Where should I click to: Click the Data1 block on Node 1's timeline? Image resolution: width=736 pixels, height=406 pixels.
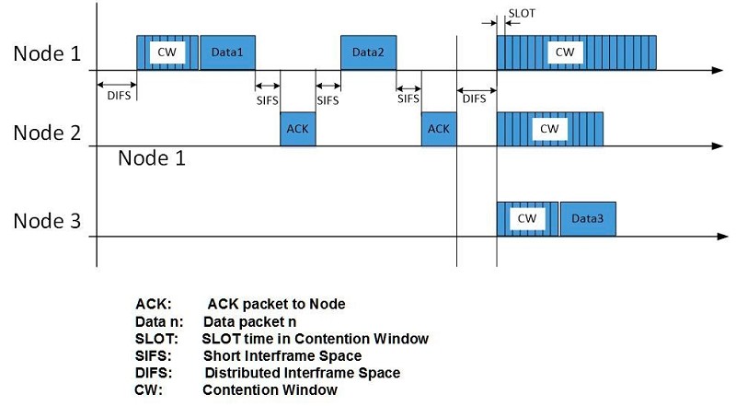point(227,52)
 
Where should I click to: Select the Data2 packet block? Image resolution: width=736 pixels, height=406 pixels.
point(369,52)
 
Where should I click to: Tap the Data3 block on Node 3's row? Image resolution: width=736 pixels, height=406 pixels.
point(588,219)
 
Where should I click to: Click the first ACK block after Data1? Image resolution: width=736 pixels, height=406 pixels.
point(298,129)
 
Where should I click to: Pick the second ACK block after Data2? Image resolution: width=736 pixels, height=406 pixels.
point(439,129)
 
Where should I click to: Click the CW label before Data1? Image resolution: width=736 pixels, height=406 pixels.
point(167,52)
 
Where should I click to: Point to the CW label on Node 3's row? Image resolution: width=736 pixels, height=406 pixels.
point(527,218)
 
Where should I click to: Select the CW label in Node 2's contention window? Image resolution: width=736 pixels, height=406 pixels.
point(549,129)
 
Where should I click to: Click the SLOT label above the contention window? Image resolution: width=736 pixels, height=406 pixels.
point(522,14)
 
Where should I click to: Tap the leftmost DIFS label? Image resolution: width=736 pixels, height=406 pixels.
point(119,96)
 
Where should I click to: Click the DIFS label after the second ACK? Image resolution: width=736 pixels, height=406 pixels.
point(474,99)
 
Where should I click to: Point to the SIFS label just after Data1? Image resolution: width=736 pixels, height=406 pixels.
point(267,100)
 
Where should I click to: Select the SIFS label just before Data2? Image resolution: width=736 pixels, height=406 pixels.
point(328,100)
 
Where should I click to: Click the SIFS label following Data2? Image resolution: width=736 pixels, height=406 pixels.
point(408,99)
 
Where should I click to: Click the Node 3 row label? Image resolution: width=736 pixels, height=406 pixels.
point(47,221)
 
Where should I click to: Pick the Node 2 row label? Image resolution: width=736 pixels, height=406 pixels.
point(47,133)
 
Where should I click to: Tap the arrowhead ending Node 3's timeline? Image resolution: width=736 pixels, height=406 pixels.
point(723,237)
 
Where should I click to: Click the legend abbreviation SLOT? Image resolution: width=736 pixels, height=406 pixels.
point(156,339)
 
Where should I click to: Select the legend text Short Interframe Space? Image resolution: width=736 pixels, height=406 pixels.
point(282,355)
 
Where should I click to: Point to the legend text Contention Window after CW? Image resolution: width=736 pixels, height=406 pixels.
point(270,390)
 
